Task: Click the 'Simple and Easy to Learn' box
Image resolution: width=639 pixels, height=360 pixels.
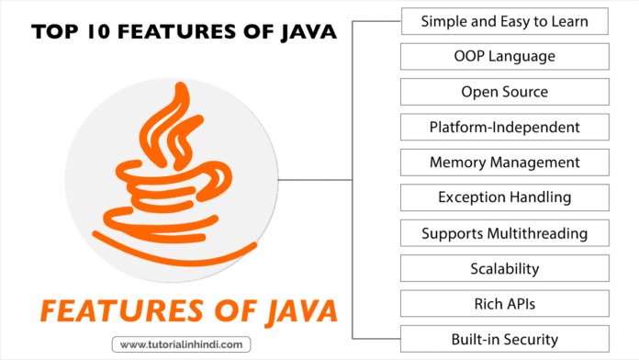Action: click(x=505, y=21)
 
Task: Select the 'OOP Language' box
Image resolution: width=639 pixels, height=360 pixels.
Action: click(x=505, y=57)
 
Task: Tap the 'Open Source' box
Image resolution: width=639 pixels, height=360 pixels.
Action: click(x=505, y=92)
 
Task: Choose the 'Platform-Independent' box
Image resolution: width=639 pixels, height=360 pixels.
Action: click(x=505, y=127)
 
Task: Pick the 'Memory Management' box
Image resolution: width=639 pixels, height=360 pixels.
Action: click(x=505, y=163)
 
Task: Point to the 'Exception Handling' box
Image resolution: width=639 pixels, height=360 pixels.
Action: click(x=505, y=197)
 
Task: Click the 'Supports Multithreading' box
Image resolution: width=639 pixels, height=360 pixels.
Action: click(x=505, y=233)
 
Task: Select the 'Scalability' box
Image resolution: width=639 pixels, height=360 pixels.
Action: click(x=505, y=268)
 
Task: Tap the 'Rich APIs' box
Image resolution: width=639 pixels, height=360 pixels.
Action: click(x=505, y=304)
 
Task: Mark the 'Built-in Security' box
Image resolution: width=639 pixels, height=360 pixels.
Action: click(x=505, y=339)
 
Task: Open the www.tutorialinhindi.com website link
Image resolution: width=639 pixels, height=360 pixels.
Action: click(x=180, y=346)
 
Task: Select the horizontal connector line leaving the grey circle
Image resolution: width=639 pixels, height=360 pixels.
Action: click(x=312, y=180)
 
